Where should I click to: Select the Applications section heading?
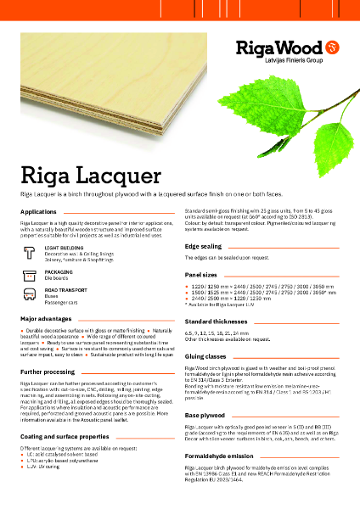pyautogui.click(x=38, y=210)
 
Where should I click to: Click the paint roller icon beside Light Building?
pyautogui.click(x=31, y=253)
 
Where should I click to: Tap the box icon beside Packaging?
pyautogui.click(x=31, y=275)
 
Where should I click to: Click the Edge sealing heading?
pyautogui.click(x=205, y=245)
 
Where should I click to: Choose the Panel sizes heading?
pyautogui.click(x=203, y=276)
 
